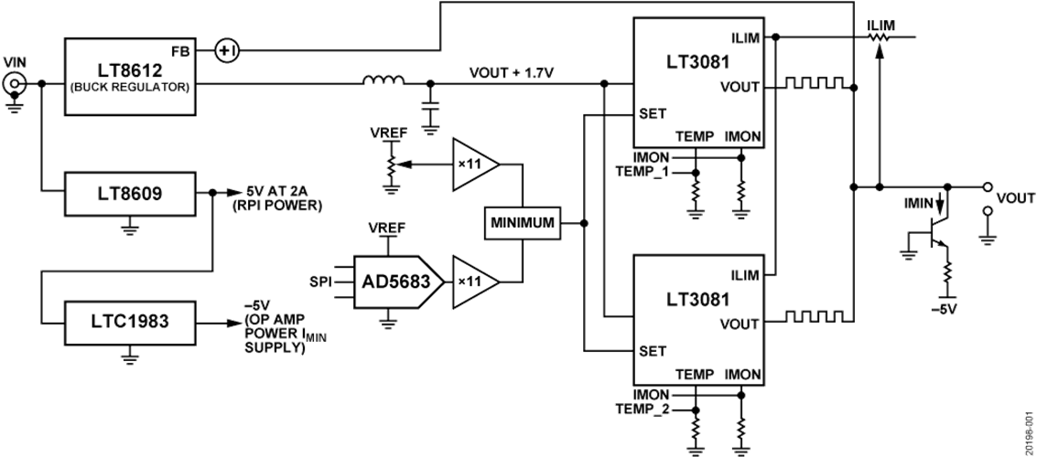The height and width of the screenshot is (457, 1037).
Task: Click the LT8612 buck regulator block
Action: pos(130,76)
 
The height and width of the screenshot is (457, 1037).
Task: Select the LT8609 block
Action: pos(130,193)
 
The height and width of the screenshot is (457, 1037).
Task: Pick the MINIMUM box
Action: pos(524,223)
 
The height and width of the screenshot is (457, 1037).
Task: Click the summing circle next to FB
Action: pos(226,52)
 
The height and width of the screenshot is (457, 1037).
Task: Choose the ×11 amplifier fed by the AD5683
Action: pos(474,281)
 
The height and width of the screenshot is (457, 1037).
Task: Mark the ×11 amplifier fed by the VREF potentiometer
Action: pos(474,165)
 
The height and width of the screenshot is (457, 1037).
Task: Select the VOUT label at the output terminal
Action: pos(1016,198)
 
